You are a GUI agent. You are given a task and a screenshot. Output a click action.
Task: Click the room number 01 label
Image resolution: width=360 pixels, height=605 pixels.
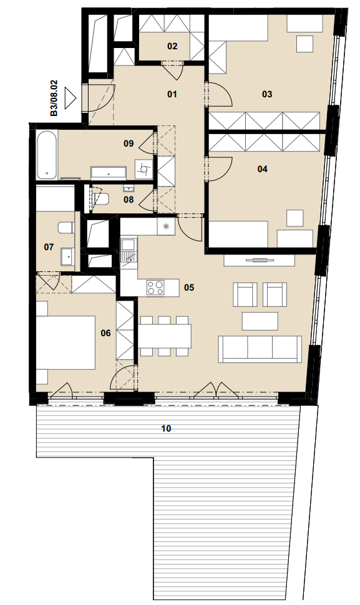172,94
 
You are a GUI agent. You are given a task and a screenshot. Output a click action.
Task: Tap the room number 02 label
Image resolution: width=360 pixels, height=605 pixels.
172,46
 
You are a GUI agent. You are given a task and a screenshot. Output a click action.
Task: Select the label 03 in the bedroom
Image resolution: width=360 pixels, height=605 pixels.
267,94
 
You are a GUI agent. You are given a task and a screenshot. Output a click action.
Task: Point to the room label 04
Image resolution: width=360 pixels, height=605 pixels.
263,169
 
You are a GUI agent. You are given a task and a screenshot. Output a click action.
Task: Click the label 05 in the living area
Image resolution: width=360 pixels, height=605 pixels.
189,288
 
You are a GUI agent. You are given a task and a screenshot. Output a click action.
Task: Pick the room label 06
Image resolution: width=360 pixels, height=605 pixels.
105,333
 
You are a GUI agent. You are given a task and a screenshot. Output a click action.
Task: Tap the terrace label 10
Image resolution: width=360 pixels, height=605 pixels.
167,428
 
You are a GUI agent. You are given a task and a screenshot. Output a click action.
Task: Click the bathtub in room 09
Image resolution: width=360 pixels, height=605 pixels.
47,155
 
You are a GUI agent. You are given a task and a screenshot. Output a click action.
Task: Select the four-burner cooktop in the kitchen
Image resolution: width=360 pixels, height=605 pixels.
155,288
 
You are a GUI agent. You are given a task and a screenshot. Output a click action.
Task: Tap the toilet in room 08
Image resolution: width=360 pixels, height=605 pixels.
101,199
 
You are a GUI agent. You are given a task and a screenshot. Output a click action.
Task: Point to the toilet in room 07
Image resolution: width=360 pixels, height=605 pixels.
66,228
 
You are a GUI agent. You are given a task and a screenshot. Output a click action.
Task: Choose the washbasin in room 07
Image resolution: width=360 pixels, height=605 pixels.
68,256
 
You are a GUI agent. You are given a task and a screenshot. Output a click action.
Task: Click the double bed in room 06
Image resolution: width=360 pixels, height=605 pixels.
66,342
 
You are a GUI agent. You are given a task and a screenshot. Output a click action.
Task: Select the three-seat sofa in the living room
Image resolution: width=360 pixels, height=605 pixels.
260,349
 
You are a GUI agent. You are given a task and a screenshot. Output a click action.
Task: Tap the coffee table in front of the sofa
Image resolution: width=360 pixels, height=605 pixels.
260,321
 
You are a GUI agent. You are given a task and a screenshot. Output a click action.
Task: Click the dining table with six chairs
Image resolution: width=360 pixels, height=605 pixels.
165,336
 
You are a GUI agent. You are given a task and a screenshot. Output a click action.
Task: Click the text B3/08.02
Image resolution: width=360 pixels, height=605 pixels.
54,98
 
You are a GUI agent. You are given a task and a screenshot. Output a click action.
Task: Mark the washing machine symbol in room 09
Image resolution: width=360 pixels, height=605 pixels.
144,169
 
